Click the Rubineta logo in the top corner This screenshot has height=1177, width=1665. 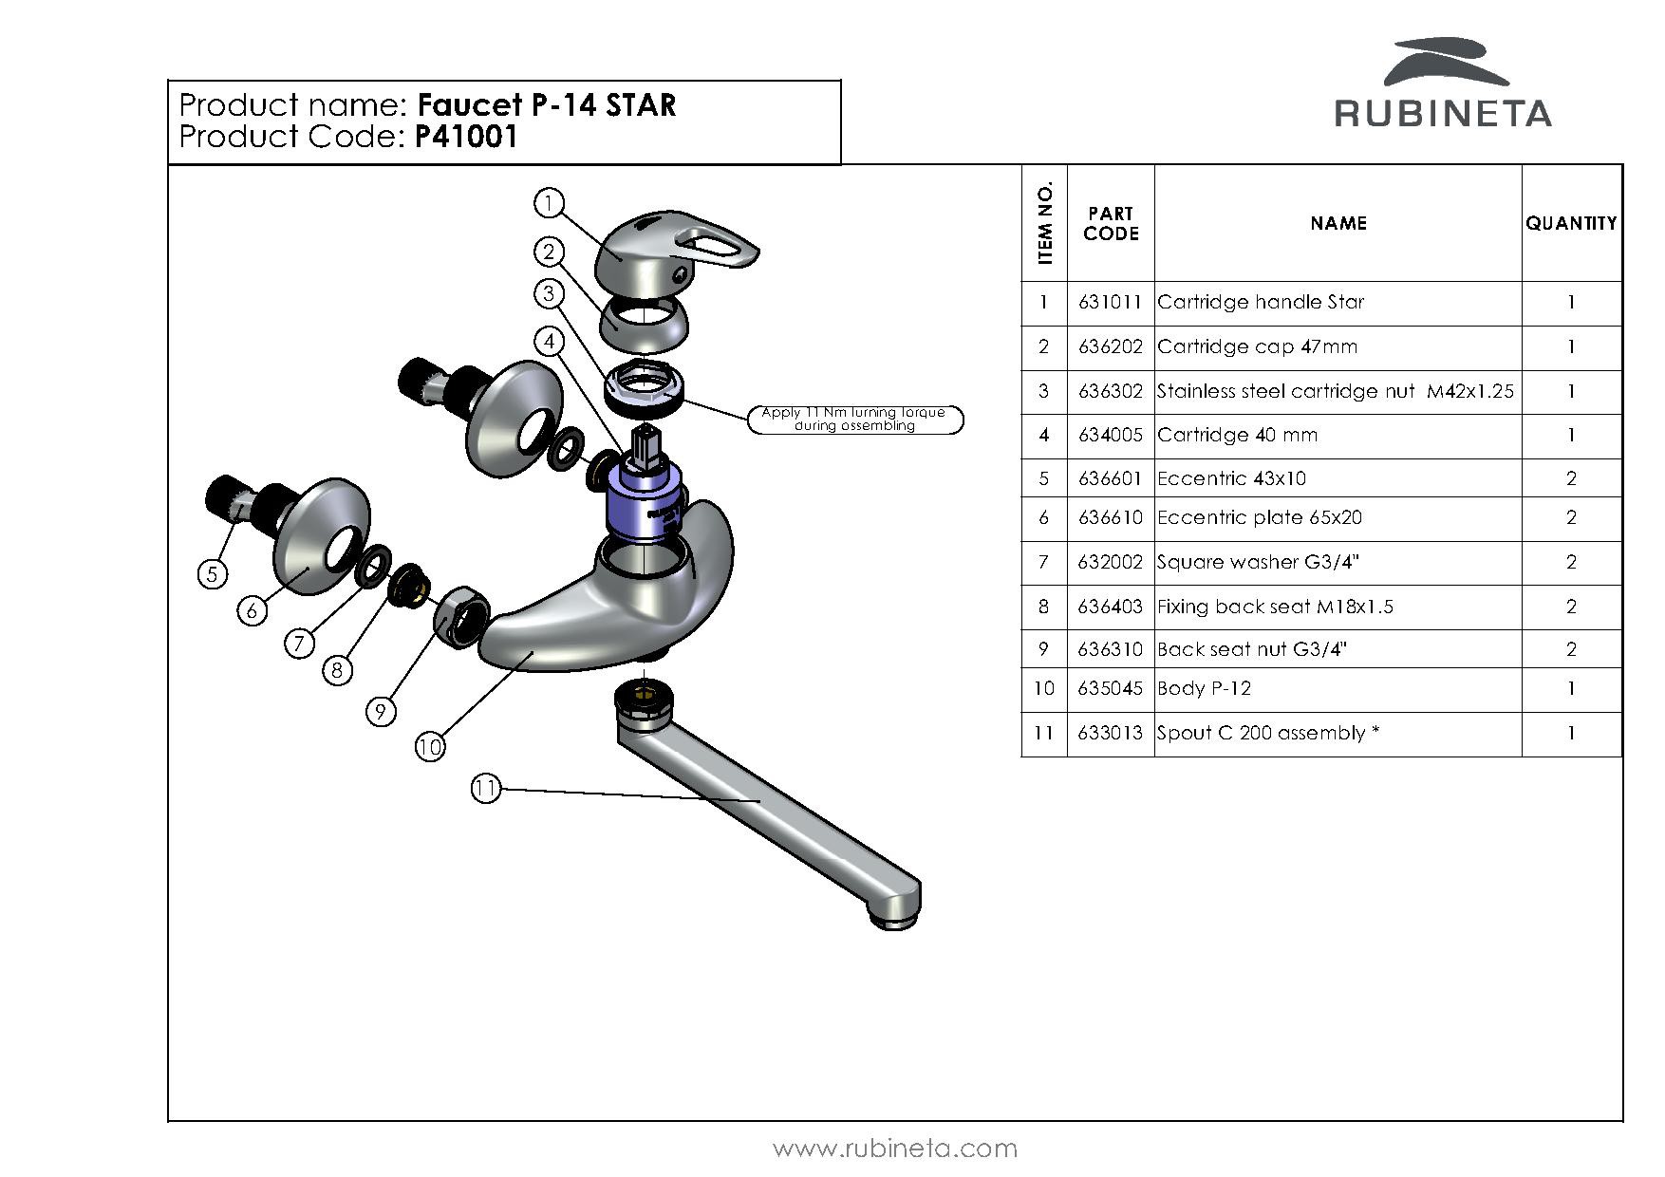point(1443,85)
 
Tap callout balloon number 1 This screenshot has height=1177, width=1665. point(549,202)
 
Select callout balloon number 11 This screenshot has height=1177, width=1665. point(485,788)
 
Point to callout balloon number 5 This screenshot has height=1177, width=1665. point(212,573)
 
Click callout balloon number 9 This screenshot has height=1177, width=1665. point(380,711)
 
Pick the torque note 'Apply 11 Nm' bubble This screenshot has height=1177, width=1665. point(854,419)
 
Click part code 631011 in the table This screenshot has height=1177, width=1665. point(1110,303)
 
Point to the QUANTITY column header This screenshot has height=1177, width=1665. point(1571,224)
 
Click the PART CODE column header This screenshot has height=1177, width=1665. point(1111,224)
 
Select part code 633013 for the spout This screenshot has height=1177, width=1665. point(1110,734)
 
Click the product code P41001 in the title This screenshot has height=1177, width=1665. point(466,138)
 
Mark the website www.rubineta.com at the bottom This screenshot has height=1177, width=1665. point(894,1149)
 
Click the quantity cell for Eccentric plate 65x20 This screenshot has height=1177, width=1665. point(1571,518)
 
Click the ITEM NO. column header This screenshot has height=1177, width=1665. point(1045,224)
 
